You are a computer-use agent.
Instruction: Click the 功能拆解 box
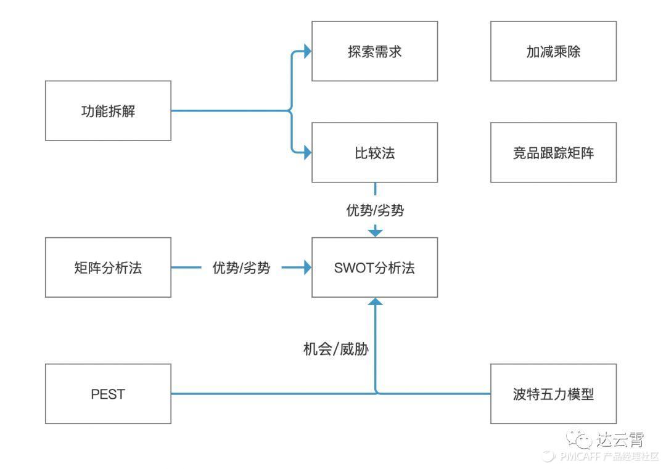click(109, 111)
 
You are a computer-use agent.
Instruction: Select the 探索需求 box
click(374, 51)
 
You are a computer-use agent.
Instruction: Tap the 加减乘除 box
click(553, 51)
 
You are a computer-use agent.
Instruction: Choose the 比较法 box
click(374, 152)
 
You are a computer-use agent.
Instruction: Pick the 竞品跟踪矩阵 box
click(553, 152)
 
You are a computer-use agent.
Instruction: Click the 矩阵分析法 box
click(109, 267)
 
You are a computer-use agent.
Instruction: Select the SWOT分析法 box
click(374, 267)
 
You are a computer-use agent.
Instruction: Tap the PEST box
click(109, 394)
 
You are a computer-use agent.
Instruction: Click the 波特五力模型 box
click(553, 394)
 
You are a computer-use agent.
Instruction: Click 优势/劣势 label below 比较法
click(375, 210)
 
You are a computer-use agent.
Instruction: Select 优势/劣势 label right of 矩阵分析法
click(241, 268)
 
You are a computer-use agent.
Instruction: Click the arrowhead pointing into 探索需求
click(306, 52)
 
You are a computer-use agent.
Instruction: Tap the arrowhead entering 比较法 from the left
click(306, 152)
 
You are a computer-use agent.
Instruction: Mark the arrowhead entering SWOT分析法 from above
click(375, 232)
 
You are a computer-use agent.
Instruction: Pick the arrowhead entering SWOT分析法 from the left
click(306, 267)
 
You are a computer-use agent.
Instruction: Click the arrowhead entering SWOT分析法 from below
click(375, 302)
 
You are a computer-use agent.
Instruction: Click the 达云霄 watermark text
click(620, 439)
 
